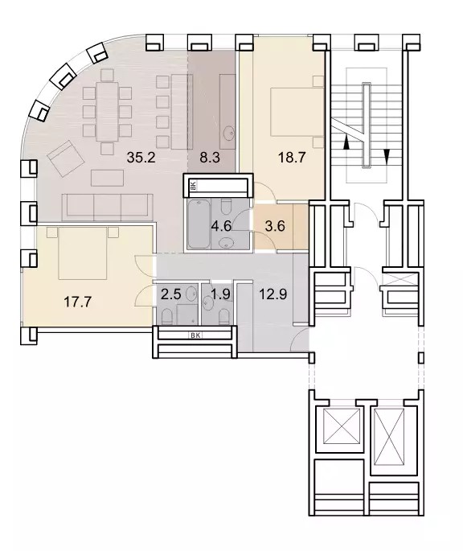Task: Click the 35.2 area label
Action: click(x=141, y=158)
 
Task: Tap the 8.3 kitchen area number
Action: click(x=210, y=158)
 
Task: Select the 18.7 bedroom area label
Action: click(x=292, y=158)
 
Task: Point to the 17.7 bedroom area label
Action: click(x=78, y=302)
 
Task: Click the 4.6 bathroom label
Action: click(x=221, y=226)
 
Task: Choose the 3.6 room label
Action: click(x=275, y=226)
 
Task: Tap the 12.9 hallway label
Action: click(x=273, y=294)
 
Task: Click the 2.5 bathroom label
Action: click(x=170, y=294)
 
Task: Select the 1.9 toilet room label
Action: click(x=221, y=294)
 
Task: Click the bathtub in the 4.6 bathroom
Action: click(x=199, y=224)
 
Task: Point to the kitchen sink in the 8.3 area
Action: click(x=229, y=133)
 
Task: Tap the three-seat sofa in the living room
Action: click(x=108, y=207)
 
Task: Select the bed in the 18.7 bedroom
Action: click(x=297, y=112)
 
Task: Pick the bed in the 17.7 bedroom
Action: click(x=83, y=253)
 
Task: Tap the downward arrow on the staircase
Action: click(x=387, y=156)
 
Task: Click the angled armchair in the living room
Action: click(x=67, y=158)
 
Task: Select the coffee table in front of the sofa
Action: click(x=107, y=178)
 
